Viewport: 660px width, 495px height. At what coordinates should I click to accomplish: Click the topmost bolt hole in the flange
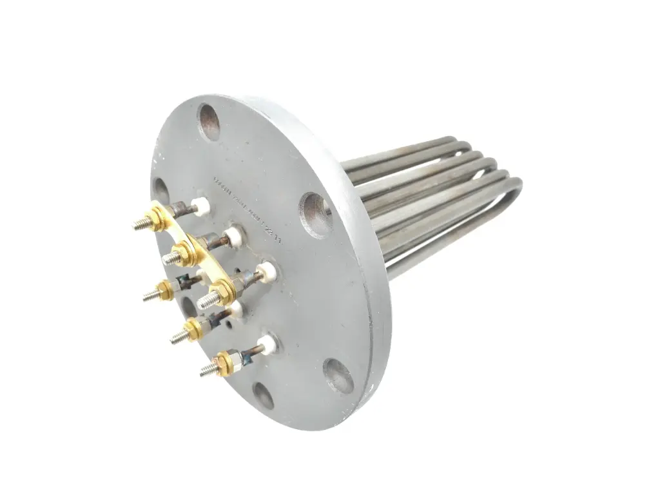click(x=210, y=121)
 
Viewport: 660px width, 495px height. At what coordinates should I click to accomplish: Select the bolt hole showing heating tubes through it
click(x=316, y=214)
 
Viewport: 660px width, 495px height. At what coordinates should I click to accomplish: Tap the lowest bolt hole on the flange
click(x=263, y=395)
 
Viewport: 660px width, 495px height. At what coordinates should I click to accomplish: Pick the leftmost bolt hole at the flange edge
click(x=160, y=191)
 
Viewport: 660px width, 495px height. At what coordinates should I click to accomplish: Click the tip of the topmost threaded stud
click(x=138, y=225)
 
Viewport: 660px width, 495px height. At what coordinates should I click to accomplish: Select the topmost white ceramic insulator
click(x=200, y=206)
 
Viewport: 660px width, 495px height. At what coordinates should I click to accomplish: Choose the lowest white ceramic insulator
click(x=267, y=345)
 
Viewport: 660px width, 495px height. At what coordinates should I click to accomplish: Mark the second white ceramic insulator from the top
click(x=233, y=234)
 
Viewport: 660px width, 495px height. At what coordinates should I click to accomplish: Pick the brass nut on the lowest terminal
click(x=224, y=362)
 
